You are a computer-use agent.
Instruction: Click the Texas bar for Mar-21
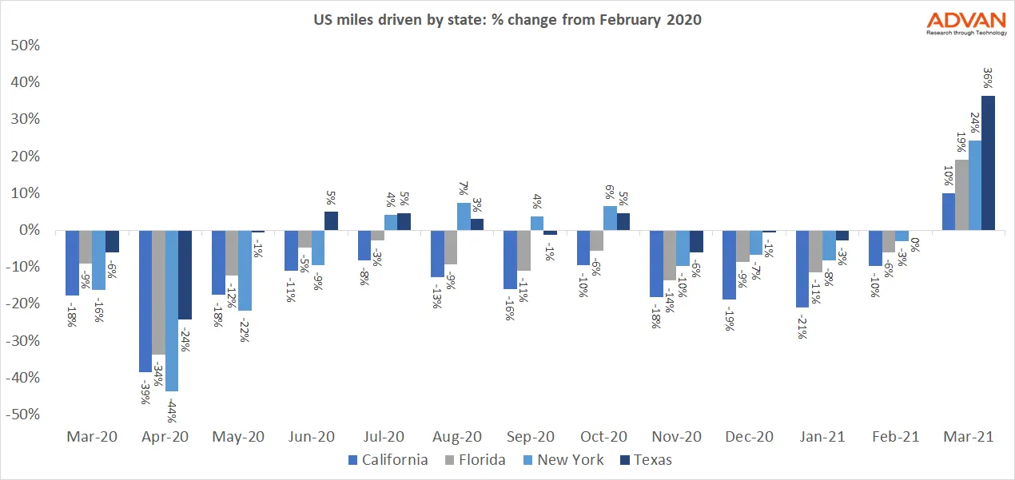point(989,163)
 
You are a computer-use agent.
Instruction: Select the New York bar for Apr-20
point(172,311)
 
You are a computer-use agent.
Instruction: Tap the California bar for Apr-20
point(145,301)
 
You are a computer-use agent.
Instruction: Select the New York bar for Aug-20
point(464,216)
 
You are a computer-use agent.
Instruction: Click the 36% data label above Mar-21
point(989,77)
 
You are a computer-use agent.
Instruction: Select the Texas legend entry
point(647,460)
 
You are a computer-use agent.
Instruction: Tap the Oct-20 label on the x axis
point(603,437)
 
